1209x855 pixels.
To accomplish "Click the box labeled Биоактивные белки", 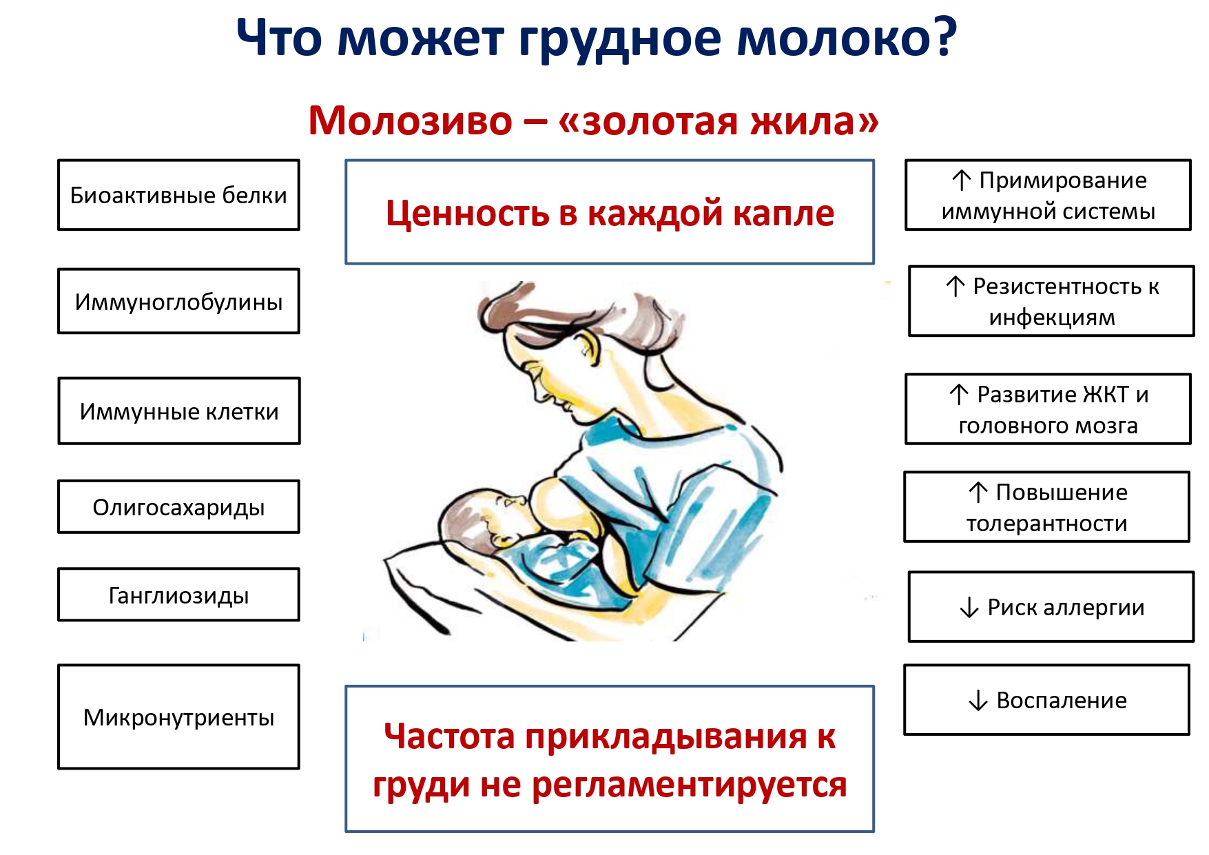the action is click(178, 195).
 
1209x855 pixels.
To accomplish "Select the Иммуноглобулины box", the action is click(178, 301).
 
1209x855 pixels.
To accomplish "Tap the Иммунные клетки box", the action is click(179, 411).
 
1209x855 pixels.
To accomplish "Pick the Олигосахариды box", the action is click(178, 506).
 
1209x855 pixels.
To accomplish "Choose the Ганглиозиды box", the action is click(178, 595).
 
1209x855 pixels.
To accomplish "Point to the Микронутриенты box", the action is click(178, 717).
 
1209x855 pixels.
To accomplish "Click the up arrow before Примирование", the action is click(962, 181).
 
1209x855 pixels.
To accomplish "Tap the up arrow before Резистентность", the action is click(955, 287).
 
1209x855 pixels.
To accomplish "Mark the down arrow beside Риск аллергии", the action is click(969, 608).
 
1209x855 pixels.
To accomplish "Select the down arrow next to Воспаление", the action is click(978, 701).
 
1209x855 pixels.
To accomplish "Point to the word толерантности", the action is click(1046, 524).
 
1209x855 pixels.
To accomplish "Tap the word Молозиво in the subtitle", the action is click(411, 121).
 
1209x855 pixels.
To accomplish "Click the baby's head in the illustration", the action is click(475, 518).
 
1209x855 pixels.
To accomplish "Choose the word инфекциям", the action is click(1052, 318).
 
